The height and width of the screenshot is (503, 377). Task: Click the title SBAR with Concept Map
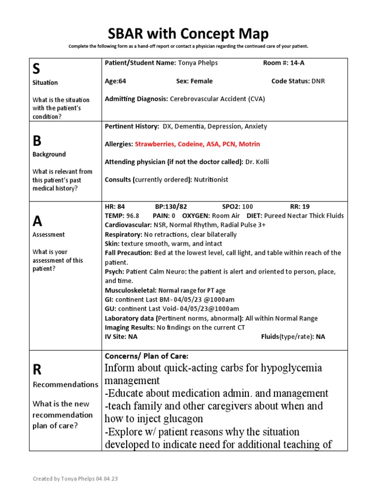pos(188,34)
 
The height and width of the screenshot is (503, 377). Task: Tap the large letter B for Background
pos(37,141)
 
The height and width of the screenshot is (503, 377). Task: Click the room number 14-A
pos(300,63)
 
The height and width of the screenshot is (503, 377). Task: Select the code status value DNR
pos(318,81)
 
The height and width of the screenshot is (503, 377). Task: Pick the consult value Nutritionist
pos(211,180)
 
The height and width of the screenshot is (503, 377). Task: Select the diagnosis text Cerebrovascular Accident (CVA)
pos(217,99)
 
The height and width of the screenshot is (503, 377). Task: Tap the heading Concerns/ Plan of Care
pos(146,356)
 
